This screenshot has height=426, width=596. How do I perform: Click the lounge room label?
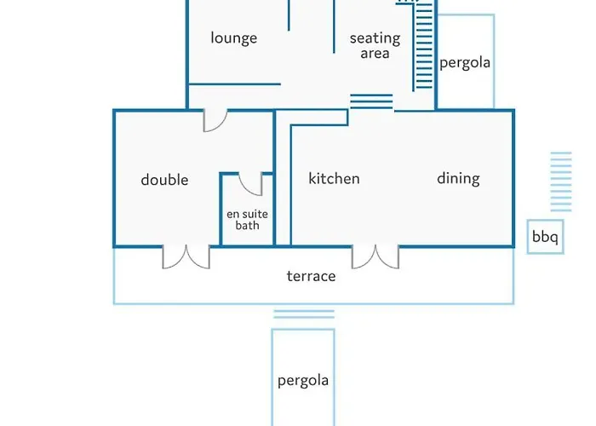coord(234,38)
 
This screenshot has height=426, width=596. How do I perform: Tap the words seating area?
coord(375,45)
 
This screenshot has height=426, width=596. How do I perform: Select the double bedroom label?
coord(164,180)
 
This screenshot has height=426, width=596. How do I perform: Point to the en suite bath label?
coord(247,220)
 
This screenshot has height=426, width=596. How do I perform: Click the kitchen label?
coord(334,178)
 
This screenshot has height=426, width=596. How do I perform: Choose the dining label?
coord(458,178)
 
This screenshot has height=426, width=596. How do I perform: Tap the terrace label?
coord(311,276)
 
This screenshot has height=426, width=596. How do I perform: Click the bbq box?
coord(545,237)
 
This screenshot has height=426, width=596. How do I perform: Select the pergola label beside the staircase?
coord(465,63)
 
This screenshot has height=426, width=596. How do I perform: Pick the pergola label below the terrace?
coord(303,380)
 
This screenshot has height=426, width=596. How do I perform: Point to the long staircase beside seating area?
coord(424,46)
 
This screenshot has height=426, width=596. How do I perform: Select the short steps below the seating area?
coord(371,101)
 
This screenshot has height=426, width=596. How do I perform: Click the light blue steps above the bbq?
coord(561,181)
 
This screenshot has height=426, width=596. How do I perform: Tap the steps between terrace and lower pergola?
coord(304,314)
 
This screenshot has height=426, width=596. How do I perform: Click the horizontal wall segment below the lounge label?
coord(234,84)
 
